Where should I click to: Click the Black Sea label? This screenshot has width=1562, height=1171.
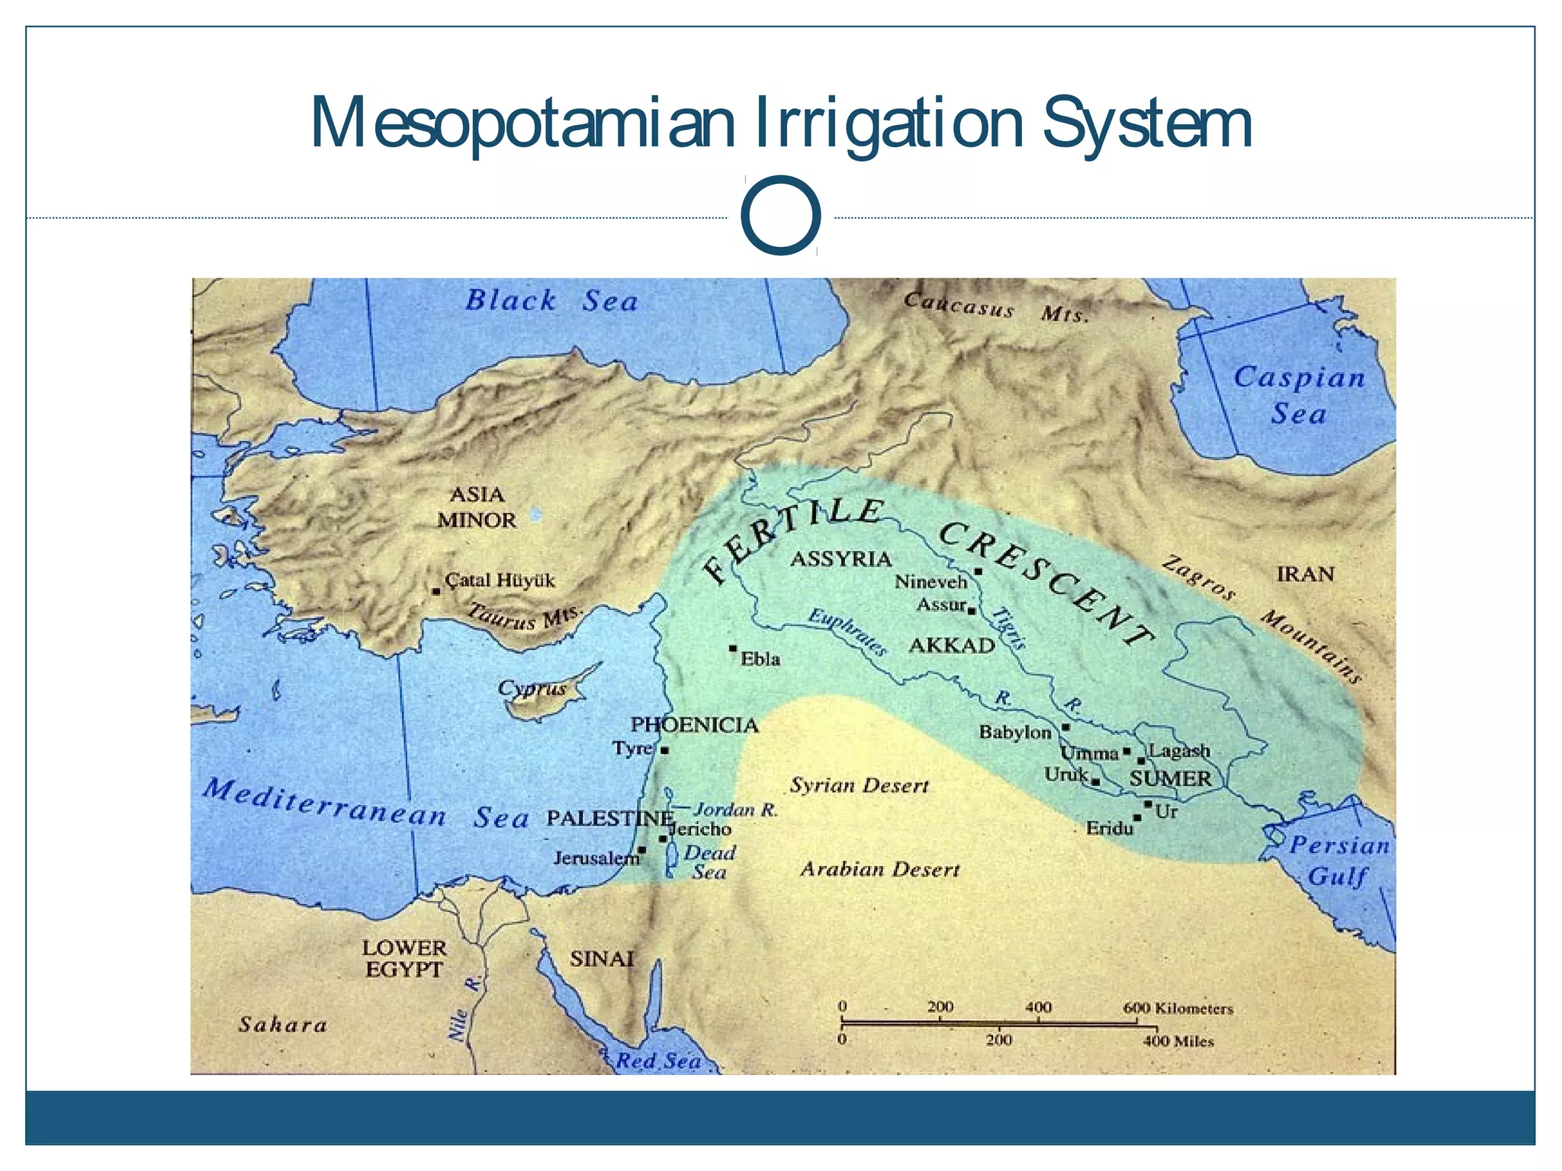551,300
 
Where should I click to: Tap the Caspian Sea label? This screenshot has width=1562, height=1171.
1299,395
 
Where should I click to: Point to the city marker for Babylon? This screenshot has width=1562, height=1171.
1065,727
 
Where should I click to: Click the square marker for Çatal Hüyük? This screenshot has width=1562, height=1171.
435,591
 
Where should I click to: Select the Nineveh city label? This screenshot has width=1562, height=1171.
930,582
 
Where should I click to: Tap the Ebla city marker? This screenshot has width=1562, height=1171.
733,649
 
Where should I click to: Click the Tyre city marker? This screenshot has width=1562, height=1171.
664,750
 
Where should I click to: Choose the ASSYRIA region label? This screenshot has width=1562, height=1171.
840,559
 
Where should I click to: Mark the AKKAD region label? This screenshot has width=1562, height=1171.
952,646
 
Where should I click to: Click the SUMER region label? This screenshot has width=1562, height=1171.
1170,778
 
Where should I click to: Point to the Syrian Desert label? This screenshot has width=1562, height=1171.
859,785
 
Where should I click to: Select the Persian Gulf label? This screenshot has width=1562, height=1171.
1339,860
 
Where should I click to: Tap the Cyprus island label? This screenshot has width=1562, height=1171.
532,688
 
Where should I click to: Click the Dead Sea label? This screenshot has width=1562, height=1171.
709,862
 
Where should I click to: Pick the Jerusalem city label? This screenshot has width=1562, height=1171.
596,858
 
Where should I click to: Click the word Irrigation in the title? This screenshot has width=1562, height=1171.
889,123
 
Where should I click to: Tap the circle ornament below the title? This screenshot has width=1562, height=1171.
780,215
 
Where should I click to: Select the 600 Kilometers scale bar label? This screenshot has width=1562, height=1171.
1178,1008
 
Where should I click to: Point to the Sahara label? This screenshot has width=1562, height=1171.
283,1024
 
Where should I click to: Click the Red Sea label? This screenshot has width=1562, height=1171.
658,1060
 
